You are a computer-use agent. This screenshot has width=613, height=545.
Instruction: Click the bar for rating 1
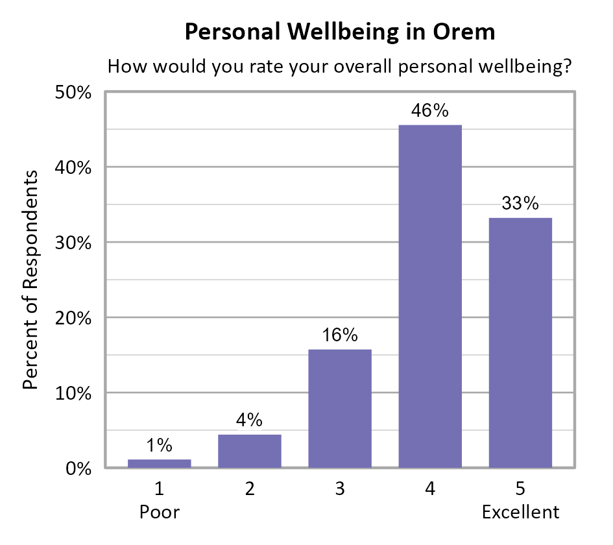(159, 463)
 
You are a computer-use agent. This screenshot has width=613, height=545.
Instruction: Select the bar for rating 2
(250, 451)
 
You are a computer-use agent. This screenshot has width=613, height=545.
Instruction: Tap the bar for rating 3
(340, 409)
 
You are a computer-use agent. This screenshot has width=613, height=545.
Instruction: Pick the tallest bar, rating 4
(430, 296)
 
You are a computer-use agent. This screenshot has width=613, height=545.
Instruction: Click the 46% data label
(430, 111)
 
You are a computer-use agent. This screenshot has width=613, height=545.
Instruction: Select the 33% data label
(520, 204)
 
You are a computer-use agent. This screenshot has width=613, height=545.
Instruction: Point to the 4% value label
(250, 420)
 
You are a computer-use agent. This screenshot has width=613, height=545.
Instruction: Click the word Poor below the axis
(159, 513)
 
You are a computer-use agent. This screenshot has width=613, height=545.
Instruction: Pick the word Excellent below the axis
(520, 513)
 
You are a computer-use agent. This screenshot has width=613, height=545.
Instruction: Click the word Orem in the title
(464, 32)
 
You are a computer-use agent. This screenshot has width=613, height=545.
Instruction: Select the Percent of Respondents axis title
(30, 280)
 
